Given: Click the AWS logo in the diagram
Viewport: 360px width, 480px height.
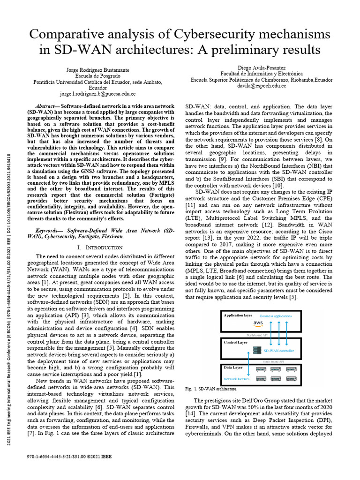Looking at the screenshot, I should [x=258, y=323].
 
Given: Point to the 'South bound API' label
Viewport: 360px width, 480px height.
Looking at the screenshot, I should [x=274, y=361].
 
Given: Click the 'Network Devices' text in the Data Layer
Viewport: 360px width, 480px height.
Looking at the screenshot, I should [x=237, y=378].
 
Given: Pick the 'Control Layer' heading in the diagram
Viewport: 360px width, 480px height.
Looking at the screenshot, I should [x=236, y=343].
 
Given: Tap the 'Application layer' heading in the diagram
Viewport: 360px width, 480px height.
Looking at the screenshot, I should [x=238, y=315].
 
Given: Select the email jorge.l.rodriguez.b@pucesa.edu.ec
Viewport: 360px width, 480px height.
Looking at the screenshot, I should [x=97, y=94].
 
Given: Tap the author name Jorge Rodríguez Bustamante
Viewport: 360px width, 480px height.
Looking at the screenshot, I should [x=97, y=69].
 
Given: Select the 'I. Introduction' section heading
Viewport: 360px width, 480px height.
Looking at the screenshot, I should [x=97, y=247].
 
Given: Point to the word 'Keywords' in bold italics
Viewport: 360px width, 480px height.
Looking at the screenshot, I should [x=50, y=231].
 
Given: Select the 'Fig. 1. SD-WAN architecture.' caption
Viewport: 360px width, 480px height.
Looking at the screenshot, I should [x=211, y=389].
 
